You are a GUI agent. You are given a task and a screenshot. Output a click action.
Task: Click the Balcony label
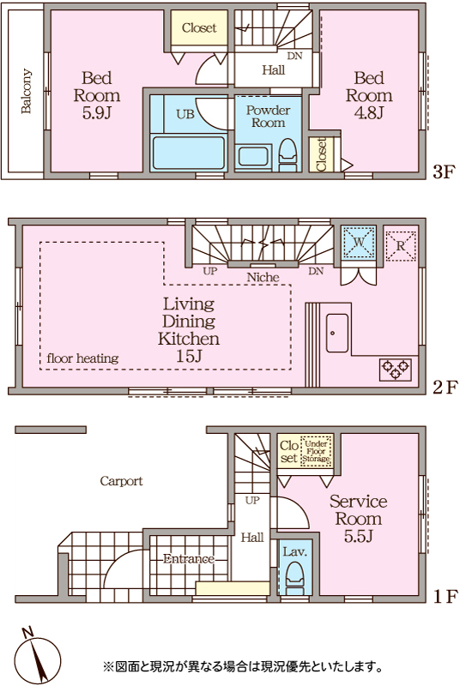(27, 91)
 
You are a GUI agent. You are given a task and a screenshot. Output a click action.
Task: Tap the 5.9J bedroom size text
(96, 113)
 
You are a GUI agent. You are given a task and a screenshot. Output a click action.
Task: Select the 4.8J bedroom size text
(368, 113)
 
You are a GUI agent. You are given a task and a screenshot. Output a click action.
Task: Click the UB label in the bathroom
(185, 115)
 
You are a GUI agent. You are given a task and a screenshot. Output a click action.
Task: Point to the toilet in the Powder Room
(288, 154)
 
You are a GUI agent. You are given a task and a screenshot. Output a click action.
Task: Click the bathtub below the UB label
(188, 153)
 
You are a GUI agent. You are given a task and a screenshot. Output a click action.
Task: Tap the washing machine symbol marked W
(358, 242)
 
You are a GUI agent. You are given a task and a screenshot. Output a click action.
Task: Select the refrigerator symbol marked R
(401, 246)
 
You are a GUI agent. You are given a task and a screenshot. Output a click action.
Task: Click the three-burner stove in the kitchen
(396, 370)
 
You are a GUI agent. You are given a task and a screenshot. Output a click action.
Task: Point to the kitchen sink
(337, 333)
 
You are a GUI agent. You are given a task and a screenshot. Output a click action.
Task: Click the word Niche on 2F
(263, 277)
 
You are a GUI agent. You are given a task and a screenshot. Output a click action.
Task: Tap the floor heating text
(82, 358)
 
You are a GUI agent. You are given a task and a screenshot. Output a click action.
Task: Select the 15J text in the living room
(189, 356)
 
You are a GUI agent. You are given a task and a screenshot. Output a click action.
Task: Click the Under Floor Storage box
(316, 451)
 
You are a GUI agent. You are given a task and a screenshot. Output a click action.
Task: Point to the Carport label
(121, 481)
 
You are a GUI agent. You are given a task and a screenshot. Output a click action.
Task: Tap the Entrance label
(189, 559)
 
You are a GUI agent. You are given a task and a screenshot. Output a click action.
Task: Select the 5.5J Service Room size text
(358, 536)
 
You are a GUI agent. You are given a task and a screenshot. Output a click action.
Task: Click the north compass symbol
(37, 656)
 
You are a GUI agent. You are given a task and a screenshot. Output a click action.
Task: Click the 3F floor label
(445, 172)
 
